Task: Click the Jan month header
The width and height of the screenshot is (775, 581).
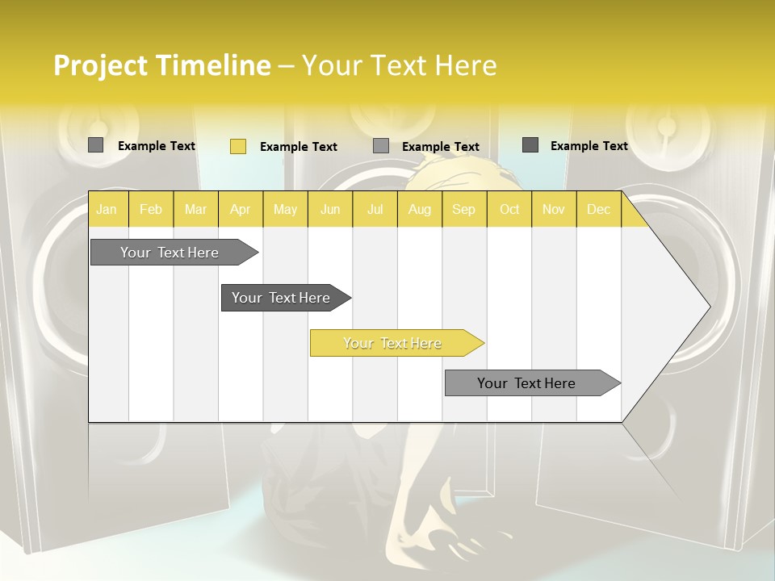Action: click(107, 210)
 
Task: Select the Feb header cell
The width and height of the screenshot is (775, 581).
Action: click(151, 210)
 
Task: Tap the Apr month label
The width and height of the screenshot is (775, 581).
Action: click(240, 210)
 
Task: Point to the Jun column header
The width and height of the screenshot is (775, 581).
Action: click(330, 210)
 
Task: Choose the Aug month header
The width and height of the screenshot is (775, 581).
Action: click(420, 210)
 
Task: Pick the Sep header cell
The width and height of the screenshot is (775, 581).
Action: click(463, 210)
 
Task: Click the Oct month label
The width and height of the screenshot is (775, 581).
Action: click(509, 210)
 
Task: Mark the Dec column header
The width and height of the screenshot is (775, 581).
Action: click(598, 210)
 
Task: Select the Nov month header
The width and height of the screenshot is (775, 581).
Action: click(554, 210)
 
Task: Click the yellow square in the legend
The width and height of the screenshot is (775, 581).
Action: click(238, 146)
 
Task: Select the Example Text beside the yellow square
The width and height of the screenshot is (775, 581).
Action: click(299, 147)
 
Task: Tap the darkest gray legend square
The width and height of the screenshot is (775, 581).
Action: click(530, 145)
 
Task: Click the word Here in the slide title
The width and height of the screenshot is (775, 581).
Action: click(466, 65)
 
